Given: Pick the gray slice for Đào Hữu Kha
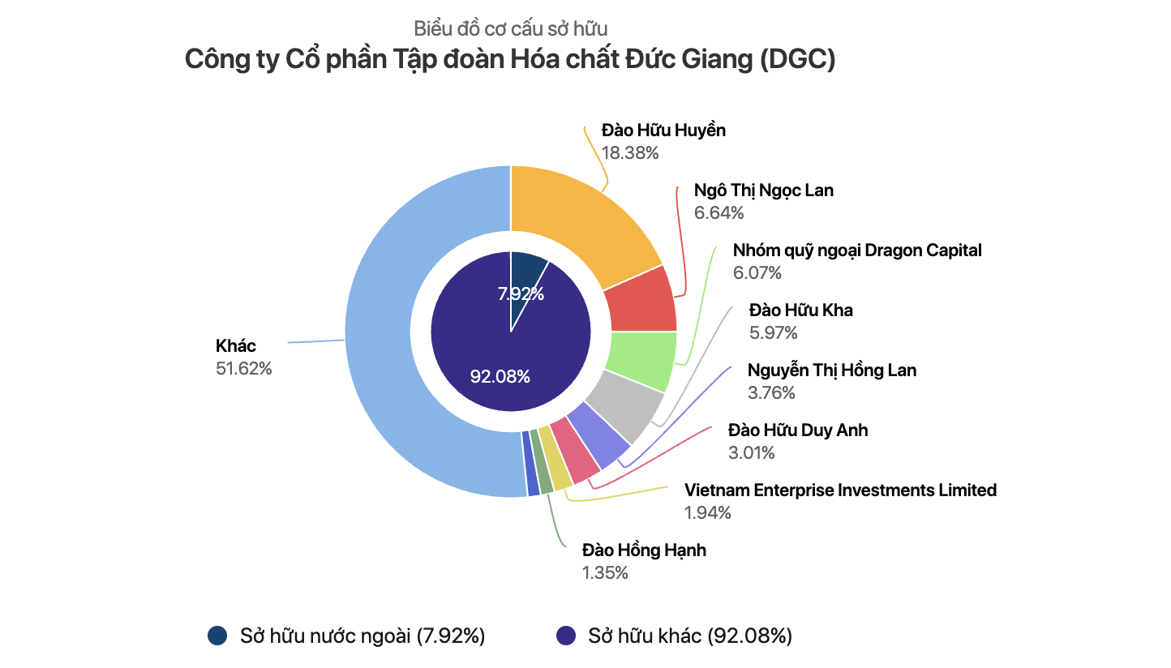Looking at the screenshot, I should coord(624,405).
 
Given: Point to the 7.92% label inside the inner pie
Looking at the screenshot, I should coord(521,294).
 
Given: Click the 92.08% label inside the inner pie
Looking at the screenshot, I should coord(500,377).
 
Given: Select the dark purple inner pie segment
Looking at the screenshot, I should coord(487,340).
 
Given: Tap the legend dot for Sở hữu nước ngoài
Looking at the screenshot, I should coord(217,636).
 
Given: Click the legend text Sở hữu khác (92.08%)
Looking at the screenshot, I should coord(689,636).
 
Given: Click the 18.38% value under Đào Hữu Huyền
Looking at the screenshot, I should coord(629,152).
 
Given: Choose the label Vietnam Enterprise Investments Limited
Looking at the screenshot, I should coord(840,490).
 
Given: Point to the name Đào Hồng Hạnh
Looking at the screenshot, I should coord(644,550).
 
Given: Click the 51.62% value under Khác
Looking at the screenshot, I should coord(243,369).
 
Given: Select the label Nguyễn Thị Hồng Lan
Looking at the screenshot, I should coord(832,370).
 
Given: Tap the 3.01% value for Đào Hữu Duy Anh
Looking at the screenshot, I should coord(751,452).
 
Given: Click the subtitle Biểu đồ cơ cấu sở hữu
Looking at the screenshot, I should coord(511,29).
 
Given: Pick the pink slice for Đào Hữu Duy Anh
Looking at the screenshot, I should coord(575,449).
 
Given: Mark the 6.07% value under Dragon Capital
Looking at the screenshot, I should coord(757,273).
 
